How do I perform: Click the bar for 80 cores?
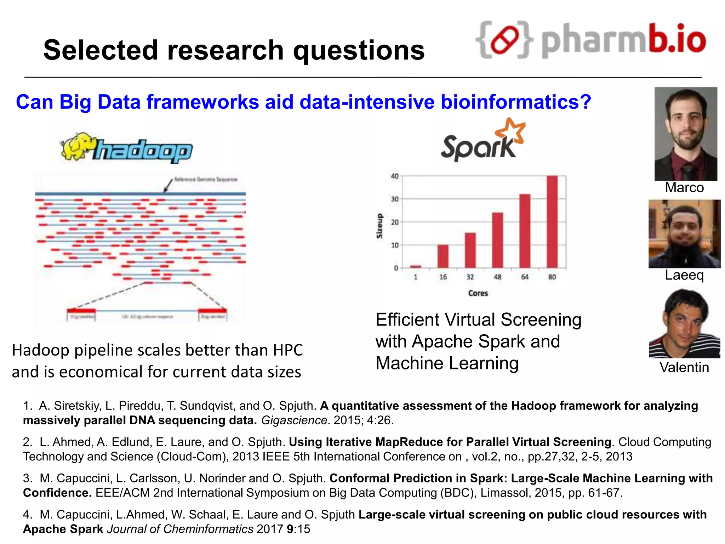point(552,222)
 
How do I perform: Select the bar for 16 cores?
point(443,256)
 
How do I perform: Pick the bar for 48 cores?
point(497,240)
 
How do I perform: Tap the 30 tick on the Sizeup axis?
point(395,199)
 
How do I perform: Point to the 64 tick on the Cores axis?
point(525,277)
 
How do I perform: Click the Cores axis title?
point(478,293)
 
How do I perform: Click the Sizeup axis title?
point(379,226)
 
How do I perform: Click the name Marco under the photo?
point(684,188)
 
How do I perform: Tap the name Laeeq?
point(684,275)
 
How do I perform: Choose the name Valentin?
point(684,368)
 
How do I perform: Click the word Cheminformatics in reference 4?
point(208,529)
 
